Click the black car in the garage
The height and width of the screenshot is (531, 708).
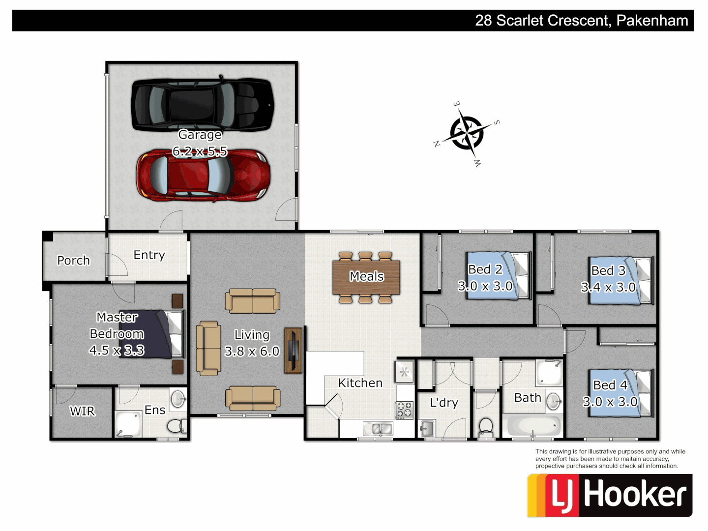(202, 104)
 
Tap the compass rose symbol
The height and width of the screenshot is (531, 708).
(467, 133)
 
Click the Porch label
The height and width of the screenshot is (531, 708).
(73, 260)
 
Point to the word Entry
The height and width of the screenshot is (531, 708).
(149, 255)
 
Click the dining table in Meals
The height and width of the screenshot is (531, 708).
(366, 277)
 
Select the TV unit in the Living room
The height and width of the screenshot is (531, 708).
(294, 350)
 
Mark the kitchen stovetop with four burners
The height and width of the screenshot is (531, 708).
(404, 410)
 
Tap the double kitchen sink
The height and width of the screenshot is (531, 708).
(378, 429)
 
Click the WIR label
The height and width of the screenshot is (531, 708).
(82, 411)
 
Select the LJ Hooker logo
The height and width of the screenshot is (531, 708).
(610, 495)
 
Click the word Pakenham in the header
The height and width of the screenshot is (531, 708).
(652, 21)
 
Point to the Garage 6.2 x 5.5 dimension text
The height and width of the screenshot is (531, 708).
(200, 151)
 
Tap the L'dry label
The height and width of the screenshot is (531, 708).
(443, 403)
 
